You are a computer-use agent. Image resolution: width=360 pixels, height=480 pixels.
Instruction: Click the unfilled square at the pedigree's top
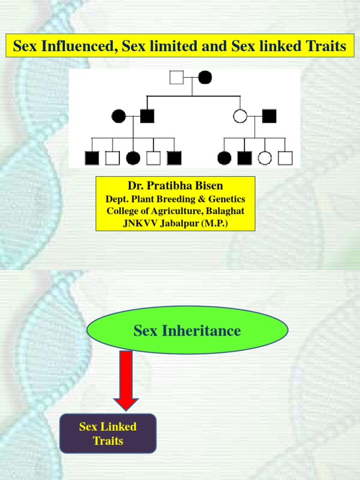coord(177,77)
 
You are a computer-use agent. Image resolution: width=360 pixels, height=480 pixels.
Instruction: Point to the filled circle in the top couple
coord(205,77)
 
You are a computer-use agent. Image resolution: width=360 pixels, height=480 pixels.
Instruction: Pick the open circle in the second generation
coord(240,116)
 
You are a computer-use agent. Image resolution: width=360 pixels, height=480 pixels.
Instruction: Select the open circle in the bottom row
coord(265,158)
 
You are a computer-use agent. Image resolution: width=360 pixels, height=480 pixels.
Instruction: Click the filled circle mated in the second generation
coord(119,116)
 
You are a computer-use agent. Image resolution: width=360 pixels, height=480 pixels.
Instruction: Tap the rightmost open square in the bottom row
coord(285,158)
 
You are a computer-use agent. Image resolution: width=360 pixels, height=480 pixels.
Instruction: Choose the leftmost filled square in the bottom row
coord(92,158)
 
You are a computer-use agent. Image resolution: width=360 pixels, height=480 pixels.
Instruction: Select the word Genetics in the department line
coord(227,199)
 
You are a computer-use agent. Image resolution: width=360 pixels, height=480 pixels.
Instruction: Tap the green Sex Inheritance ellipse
coord(187,330)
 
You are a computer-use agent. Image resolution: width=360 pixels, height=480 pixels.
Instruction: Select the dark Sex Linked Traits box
coord(108,433)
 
